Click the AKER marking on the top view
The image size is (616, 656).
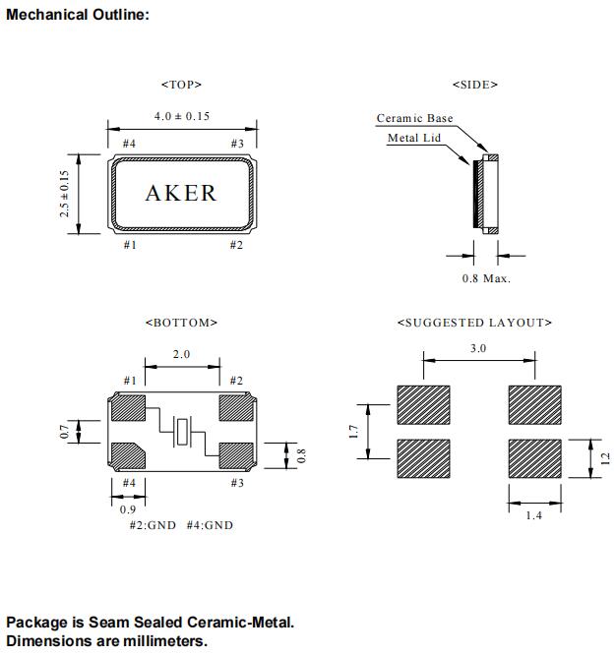(x=181, y=193)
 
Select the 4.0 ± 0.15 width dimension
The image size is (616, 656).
(x=182, y=116)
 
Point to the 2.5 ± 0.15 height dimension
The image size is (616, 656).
(x=65, y=193)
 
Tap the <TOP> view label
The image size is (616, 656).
(x=181, y=85)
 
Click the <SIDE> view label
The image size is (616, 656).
(x=474, y=85)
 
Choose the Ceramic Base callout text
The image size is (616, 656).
(x=414, y=119)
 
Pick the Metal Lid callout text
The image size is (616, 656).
(x=413, y=139)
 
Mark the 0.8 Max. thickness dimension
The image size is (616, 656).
(x=486, y=278)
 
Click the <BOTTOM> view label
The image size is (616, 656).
(x=181, y=323)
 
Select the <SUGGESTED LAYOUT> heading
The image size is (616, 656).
(x=474, y=323)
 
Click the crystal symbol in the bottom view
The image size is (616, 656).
(x=183, y=430)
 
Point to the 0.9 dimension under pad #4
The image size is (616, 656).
(x=128, y=509)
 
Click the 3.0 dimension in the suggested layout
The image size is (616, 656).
(x=478, y=348)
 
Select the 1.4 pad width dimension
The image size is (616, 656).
(x=532, y=516)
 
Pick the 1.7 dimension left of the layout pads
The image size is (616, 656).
(x=354, y=431)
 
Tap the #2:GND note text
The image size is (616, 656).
(x=153, y=525)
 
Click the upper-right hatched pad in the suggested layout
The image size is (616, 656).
(x=532, y=403)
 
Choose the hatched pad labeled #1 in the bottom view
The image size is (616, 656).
(x=129, y=405)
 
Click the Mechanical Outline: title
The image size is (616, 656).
(x=78, y=16)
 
